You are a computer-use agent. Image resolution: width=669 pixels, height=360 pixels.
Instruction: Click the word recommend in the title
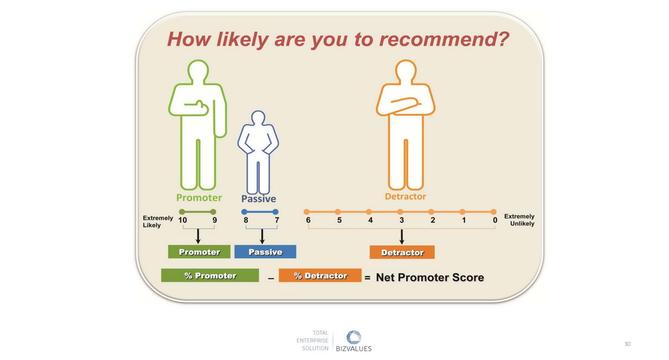click(x=444, y=39)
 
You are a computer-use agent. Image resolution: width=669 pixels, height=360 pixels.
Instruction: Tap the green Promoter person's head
click(x=198, y=71)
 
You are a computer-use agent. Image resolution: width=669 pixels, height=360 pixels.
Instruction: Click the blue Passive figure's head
click(x=258, y=118)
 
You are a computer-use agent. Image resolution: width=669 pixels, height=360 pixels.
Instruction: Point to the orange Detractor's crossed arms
click(x=405, y=105)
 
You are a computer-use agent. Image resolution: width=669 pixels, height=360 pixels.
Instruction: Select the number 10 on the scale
click(x=183, y=220)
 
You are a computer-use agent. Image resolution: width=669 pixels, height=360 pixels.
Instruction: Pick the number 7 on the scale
click(x=277, y=220)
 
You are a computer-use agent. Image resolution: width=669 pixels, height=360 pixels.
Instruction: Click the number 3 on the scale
click(x=401, y=220)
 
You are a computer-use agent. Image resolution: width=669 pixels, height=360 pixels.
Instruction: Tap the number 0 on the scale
click(x=495, y=220)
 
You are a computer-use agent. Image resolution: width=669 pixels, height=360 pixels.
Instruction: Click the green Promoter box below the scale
click(x=199, y=252)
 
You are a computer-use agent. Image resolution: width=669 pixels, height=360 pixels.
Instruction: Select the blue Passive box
click(x=266, y=252)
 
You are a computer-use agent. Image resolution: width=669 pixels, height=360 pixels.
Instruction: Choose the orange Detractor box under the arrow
click(x=402, y=252)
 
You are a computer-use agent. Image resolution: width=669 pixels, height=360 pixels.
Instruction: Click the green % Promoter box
click(x=210, y=276)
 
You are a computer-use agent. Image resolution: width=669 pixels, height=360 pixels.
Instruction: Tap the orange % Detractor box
click(x=320, y=276)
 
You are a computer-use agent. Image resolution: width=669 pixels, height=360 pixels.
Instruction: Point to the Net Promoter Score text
click(x=429, y=278)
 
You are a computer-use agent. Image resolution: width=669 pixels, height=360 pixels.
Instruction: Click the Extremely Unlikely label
click(x=519, y=220)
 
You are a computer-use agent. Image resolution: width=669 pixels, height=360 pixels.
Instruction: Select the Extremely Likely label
click(x=158, y=221)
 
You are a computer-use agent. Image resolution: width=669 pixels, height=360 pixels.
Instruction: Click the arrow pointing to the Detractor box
click(x=401, y=237)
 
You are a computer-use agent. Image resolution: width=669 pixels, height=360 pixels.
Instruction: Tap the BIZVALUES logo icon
click(x=353, y=337)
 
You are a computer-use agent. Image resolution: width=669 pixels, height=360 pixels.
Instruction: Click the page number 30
click(x=628, y=344)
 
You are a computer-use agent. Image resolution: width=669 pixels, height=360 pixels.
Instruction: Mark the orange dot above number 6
click(x=306, y=211)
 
